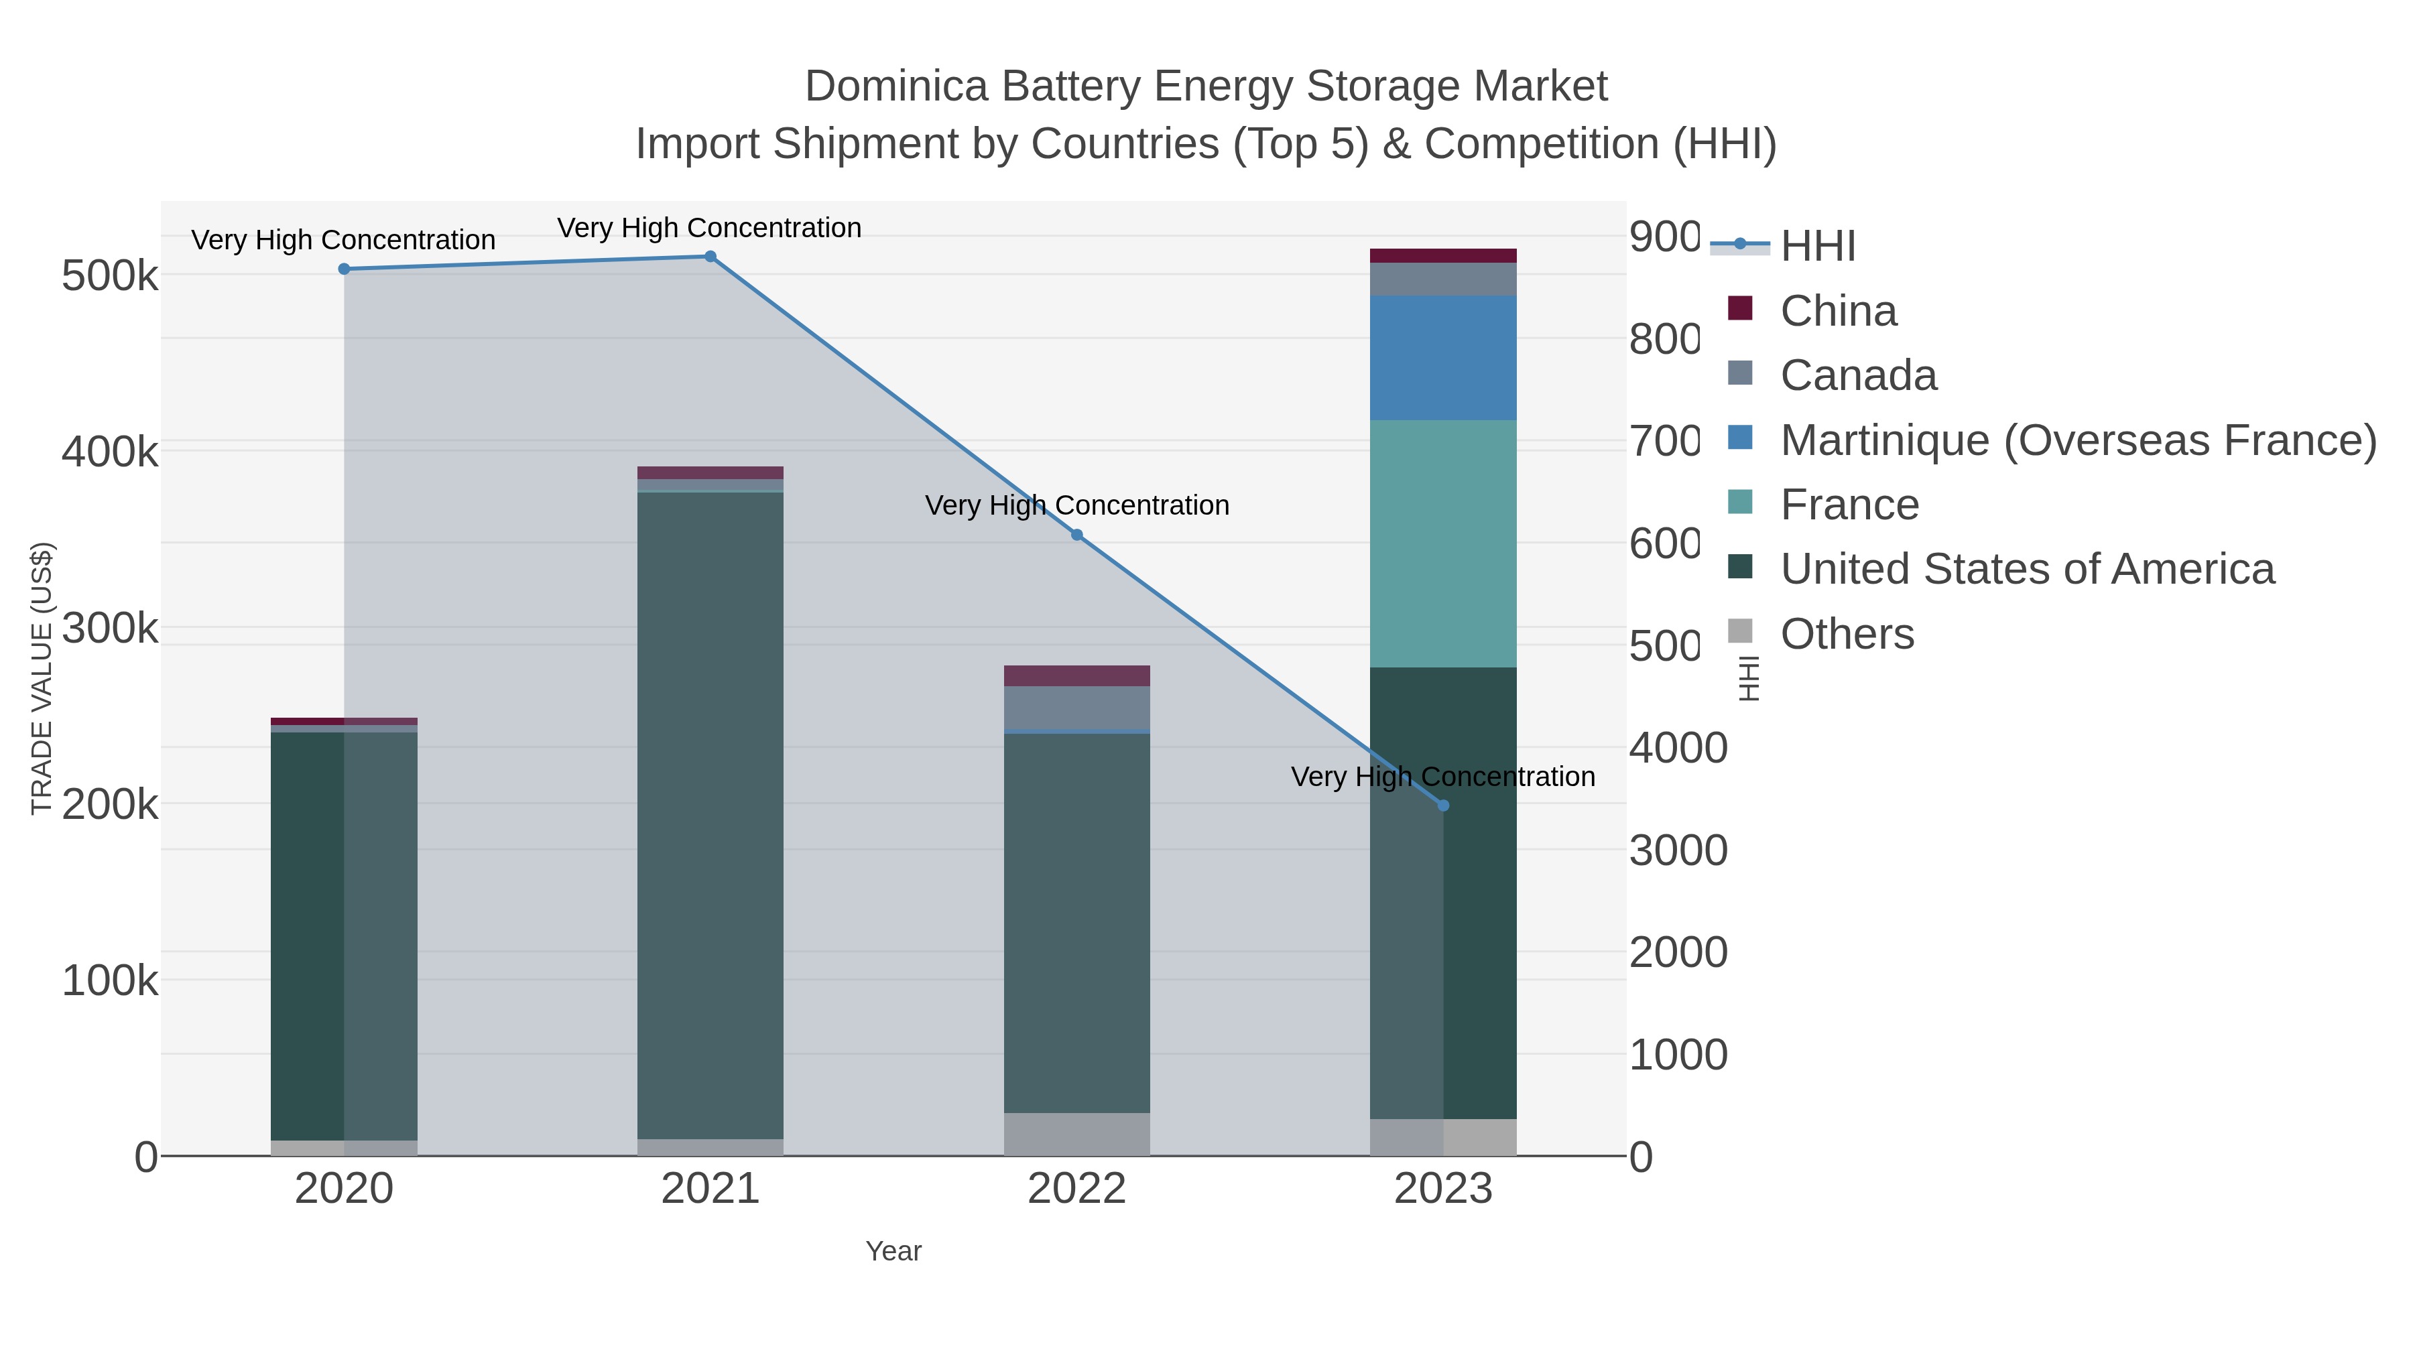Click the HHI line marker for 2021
coord(710,257)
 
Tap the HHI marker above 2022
coord(1076,535)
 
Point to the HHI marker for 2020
coord(344,269)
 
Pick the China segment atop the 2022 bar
coord(1076,675)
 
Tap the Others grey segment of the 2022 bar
coord(1076,1133)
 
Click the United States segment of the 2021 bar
coord(710,815)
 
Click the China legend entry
coord(1838,310)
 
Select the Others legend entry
coord(1847,634)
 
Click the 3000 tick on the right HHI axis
coord(1678,850)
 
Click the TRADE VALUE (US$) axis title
coord(42,678)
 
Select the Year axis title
coord(893,1251)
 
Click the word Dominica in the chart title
coord(896,86)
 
